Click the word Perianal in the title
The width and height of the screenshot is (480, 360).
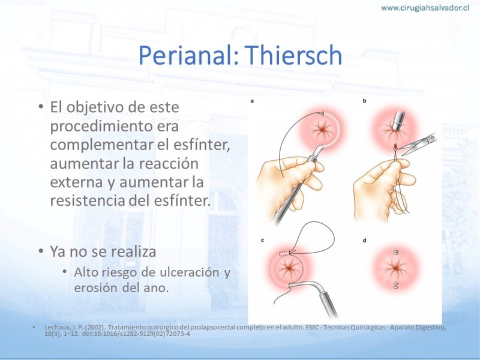click(188, 55)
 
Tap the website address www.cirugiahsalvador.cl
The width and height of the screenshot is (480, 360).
click(425, 8)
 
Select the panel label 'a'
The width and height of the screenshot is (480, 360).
click(252, 101)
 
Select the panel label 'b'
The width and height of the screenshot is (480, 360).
click(364, 101)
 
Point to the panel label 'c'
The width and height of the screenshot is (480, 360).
click(262, 241)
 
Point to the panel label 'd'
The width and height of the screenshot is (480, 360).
click(364, 241)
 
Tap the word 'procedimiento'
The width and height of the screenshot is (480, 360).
click(114, 126)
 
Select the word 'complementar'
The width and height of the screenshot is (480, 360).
click(102, 145)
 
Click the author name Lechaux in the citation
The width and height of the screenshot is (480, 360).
click(55, 327)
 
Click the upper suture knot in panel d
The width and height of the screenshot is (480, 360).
click(395, 253)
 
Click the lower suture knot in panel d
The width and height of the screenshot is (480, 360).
click(395, 286)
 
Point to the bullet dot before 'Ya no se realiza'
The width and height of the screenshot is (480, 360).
click(41, 251)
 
